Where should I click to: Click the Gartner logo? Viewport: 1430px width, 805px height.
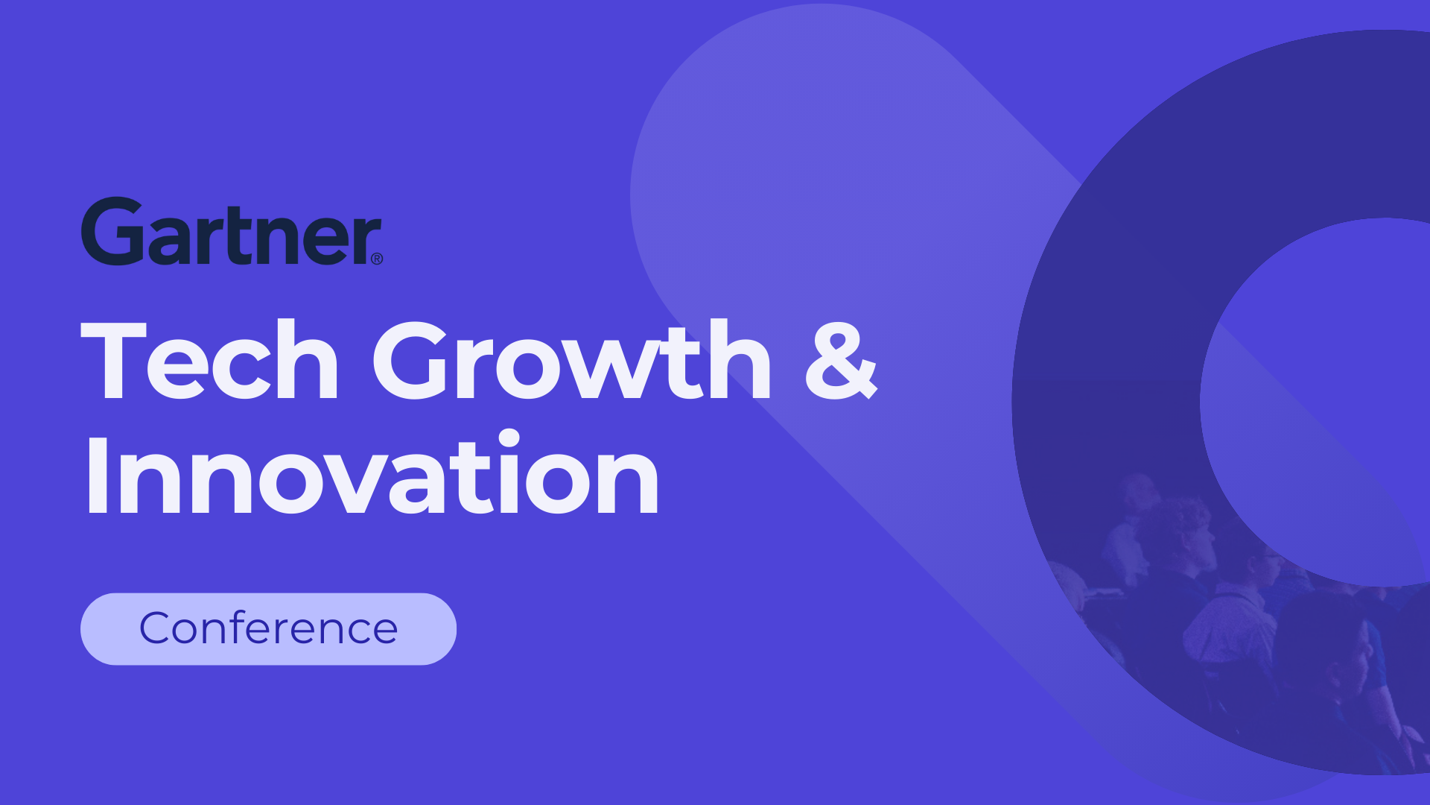(231, 232)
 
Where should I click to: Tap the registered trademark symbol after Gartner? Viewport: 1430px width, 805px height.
(377, 259)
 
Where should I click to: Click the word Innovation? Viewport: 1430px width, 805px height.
(372, 474)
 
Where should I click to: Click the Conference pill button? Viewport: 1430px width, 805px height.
(268, 628)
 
